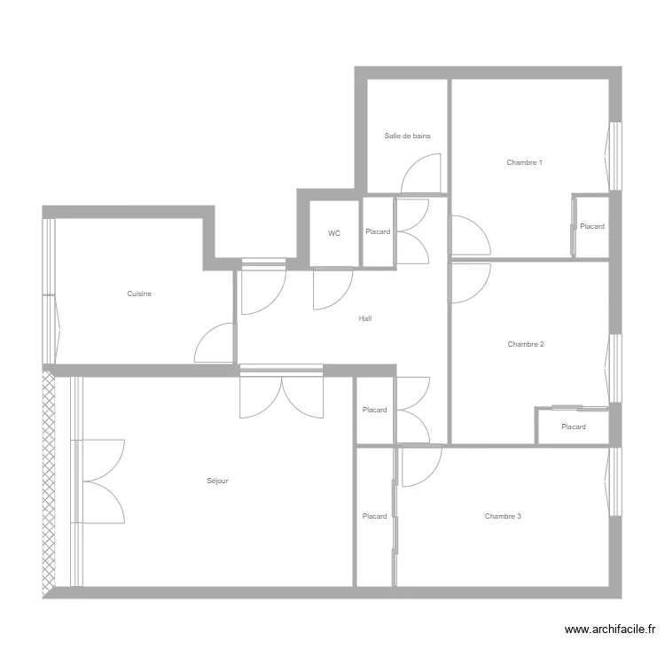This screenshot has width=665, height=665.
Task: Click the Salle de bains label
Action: (407, 137)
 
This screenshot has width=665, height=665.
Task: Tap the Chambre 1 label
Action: (524, 162)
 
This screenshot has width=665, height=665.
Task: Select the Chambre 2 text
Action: (525, 344)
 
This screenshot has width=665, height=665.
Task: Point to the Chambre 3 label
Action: (503, 516)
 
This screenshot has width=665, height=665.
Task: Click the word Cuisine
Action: (138, 293)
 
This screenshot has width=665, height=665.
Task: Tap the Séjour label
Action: (217, 481)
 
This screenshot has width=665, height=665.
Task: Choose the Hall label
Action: (365, 318)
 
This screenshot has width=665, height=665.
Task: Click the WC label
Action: (334, 233)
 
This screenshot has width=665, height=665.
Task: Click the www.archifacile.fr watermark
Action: (610, 630)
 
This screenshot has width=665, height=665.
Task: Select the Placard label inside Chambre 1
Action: (592, 226)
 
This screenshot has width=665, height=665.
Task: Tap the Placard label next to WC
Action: (378, 232)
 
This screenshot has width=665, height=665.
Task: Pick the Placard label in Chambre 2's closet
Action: (574, 426)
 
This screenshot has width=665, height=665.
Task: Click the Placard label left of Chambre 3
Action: (374, 516)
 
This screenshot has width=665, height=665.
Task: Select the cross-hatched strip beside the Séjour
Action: (49, 483)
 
